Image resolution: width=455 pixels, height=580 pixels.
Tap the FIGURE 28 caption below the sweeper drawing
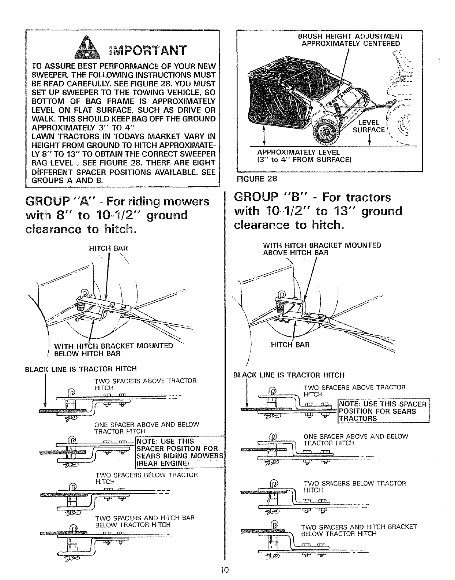click(x=257, y=179)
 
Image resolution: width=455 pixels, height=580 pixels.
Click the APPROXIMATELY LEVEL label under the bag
click(x=298, y=152)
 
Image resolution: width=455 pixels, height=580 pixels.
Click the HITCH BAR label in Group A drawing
click(x=109, y=248)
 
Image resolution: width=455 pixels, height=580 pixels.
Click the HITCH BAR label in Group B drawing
click(x=290, y=345)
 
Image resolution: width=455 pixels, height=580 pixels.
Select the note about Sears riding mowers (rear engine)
click(x=179, y=452)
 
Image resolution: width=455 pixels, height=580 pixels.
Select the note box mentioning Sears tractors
click(x=383, y=411)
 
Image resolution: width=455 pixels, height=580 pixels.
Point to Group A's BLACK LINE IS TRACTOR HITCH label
click(x=80, y=369)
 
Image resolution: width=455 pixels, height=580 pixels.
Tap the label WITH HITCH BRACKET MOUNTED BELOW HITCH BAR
click(x=113, y=350)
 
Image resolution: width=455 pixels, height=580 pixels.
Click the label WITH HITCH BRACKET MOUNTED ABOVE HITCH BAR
click(x=322, y=249)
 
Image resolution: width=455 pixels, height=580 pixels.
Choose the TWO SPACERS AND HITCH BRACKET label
click(x=358, y=530)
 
